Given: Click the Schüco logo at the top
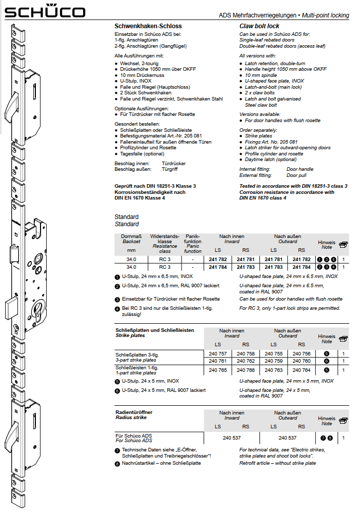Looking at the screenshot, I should pos(45,12).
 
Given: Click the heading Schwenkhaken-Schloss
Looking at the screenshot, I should pos(148,26).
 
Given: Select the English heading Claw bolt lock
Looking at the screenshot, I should pos(259,26).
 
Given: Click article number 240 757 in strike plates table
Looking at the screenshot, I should pos(218,354).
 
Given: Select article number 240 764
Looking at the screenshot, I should pos(301,369).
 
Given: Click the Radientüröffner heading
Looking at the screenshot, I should pos(133,412).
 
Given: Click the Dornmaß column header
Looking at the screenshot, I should pos(131,239).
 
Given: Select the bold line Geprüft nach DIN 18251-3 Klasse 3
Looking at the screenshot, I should pos(155,186).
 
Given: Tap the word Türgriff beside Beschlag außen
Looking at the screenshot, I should pos(170,169).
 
